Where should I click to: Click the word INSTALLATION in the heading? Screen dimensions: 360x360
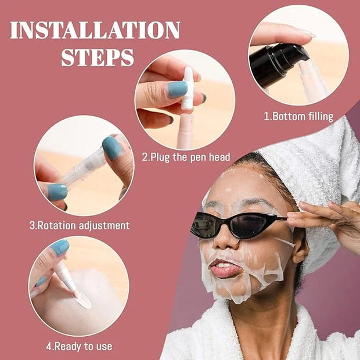pos(95,30)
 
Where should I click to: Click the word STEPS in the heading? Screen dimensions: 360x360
pos(98,57)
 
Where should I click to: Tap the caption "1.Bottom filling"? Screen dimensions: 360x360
pos(298,116)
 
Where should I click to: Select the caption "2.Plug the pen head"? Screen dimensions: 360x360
pos(186,157)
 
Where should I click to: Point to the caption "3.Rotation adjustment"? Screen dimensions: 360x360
pos(80,225)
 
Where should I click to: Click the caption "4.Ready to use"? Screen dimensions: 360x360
pos(79,347)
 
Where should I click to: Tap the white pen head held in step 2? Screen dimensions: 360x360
pos(188,88)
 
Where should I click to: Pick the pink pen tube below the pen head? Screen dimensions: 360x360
pos(186,131)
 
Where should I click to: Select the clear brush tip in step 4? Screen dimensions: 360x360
pos(83,301)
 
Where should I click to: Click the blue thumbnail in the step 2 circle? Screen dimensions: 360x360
pos(177,89)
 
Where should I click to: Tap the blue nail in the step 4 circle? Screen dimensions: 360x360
pos(60,247)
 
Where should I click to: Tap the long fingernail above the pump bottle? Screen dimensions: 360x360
pos(306,33)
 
